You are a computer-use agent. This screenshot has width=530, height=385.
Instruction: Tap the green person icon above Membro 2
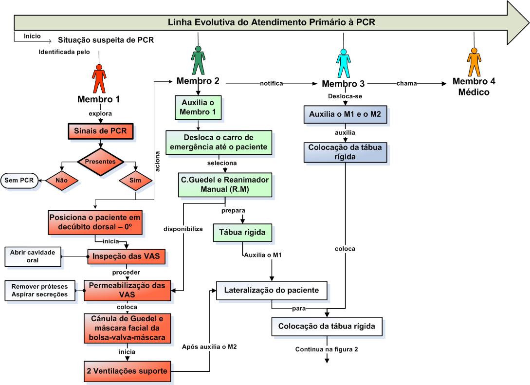click(198, 60)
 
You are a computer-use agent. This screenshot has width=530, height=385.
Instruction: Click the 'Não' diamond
click(61, 179)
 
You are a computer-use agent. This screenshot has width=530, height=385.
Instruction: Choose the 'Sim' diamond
click(136, 179)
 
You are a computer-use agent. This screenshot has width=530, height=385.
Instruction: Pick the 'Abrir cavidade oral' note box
click(33, 256)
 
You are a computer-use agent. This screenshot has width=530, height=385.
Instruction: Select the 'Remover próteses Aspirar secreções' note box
click(39, 290)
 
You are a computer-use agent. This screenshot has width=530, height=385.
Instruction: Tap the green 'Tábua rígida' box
click(241, 233)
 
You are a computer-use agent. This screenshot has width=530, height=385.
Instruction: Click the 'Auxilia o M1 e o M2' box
click(345, 114)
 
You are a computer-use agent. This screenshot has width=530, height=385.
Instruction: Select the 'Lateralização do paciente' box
click(271, 291)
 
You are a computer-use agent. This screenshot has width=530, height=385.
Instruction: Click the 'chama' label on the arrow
click(406, 83)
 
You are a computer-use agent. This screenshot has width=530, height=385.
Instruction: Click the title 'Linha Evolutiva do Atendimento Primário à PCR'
click(271, 22)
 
